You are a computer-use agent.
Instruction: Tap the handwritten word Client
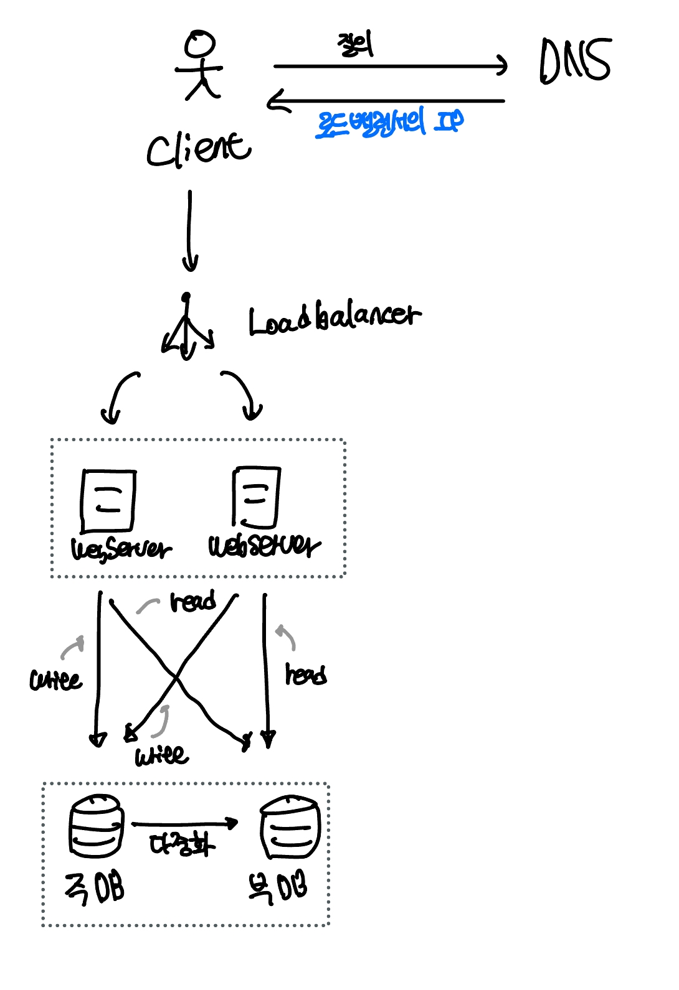point(198,149)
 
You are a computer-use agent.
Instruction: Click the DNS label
point(575,60)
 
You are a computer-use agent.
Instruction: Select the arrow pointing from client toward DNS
point(390,65)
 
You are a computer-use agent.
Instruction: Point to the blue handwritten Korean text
point(390,122)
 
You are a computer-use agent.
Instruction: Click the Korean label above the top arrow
point(356,45)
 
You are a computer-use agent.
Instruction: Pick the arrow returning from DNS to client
point(386,100)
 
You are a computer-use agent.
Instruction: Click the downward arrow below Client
point(190,230)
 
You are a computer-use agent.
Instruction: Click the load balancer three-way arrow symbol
point(186,330)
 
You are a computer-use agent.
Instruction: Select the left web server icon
point(108,501)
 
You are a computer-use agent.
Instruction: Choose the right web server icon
point(256,497)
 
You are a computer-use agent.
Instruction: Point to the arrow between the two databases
point(184,824)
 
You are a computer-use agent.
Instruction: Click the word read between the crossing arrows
point(193,602)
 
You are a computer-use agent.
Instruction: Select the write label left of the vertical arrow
point(55,679)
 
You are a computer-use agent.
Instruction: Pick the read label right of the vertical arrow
point(306,675)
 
